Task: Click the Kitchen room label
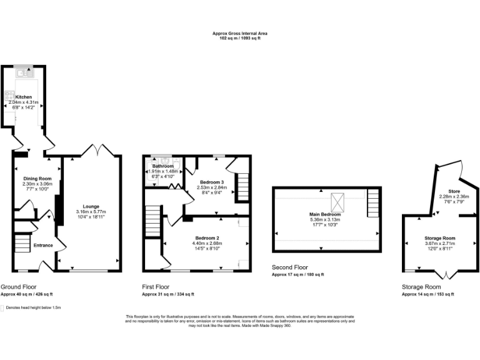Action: (24, 97)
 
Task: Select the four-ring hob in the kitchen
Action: (10, 96)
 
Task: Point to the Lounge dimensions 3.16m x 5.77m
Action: (91, 211)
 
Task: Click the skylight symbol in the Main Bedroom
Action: (337, 201)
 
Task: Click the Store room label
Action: (454, 191)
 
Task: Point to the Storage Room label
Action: (440, 238)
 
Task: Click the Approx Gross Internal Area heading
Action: (240, 34)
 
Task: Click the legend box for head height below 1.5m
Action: (3, 307)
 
